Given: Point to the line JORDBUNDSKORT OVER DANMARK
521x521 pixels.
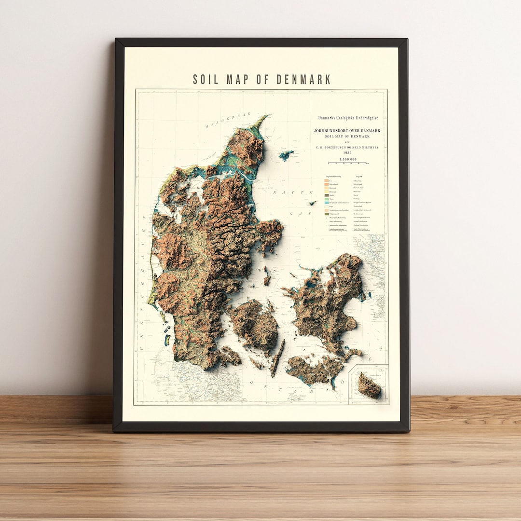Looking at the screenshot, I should (347, 131).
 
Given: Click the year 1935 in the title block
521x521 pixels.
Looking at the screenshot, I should (347, 153).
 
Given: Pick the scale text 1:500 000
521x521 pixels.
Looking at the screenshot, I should (347, 159).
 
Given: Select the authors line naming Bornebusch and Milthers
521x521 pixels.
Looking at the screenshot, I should (347, 147).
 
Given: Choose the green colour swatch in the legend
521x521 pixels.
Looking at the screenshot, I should (326, 199).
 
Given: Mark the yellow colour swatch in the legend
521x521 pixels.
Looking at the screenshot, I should (326, 192).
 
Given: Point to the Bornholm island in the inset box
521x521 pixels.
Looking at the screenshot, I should (369, 385).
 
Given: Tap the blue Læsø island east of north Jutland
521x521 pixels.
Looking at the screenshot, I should (286, 155).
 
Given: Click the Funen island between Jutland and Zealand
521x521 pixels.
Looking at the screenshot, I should (254, 323).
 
